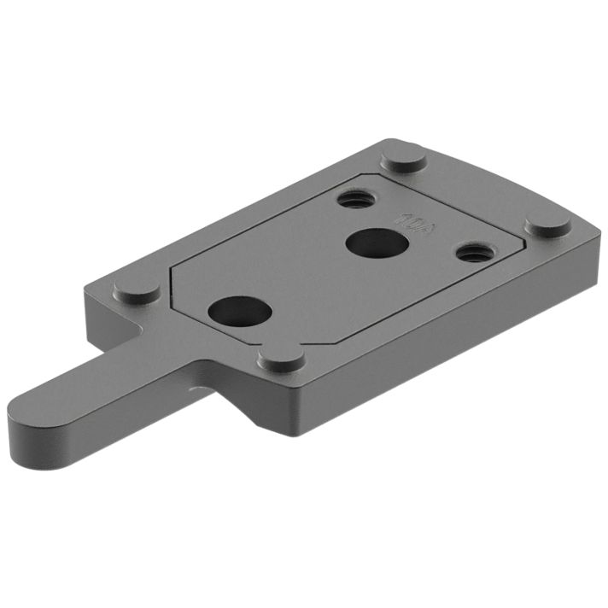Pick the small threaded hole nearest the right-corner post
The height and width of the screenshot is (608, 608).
[x=471, y=253]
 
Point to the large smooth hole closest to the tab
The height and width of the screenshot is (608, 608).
[x=238, y=308]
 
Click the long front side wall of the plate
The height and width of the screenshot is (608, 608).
[x=427, y=342]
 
